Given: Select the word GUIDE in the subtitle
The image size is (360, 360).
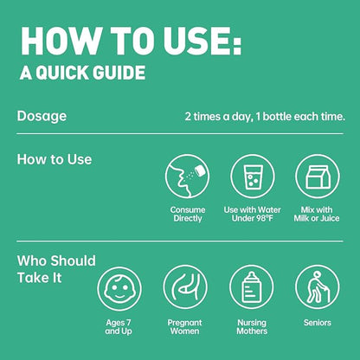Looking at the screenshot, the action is pyautogui.click(x=120, y=72).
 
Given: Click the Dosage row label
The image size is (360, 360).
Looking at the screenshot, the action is pyautogui.click(x=42, y=117).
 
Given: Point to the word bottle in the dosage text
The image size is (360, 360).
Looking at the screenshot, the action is pyautogui.click(x=278, y=117).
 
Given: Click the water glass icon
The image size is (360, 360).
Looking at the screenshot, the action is pyautogui.click(x=253, y=177).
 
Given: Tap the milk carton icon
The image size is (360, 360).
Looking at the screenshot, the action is pyautogui.click(x=318, y=177).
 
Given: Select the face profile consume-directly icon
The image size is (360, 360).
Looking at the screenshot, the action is pyautogui.click(x=187, y=177).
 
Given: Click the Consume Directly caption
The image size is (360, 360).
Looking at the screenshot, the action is pyautogui.click(x=188, y=214).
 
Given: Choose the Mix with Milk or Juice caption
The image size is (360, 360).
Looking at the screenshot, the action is pyautogui.click(x=317, y=214).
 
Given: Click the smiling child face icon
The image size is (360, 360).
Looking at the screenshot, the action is pyautogui.click(x=119, y=289).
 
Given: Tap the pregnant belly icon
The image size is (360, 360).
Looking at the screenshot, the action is pyautogui.click(x=185, y=287).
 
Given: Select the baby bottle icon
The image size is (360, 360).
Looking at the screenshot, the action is pyautogui.click(x=252, y=287).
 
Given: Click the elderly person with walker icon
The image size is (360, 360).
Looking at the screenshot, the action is pyautogui.click(x=318, y=287).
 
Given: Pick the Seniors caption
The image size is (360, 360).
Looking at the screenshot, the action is pyautogui.click(x=318, y=323).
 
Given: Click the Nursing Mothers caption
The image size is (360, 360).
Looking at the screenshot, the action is pyautogui.click(x=252, y=327).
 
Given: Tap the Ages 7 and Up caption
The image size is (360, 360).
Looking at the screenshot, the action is pyautogui.click(x=119, y=327).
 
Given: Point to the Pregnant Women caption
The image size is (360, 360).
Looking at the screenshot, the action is pyautogui.click(x=184, y=327).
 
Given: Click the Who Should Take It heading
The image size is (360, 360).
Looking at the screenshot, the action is pyautogui.click(x=56, y=269).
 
